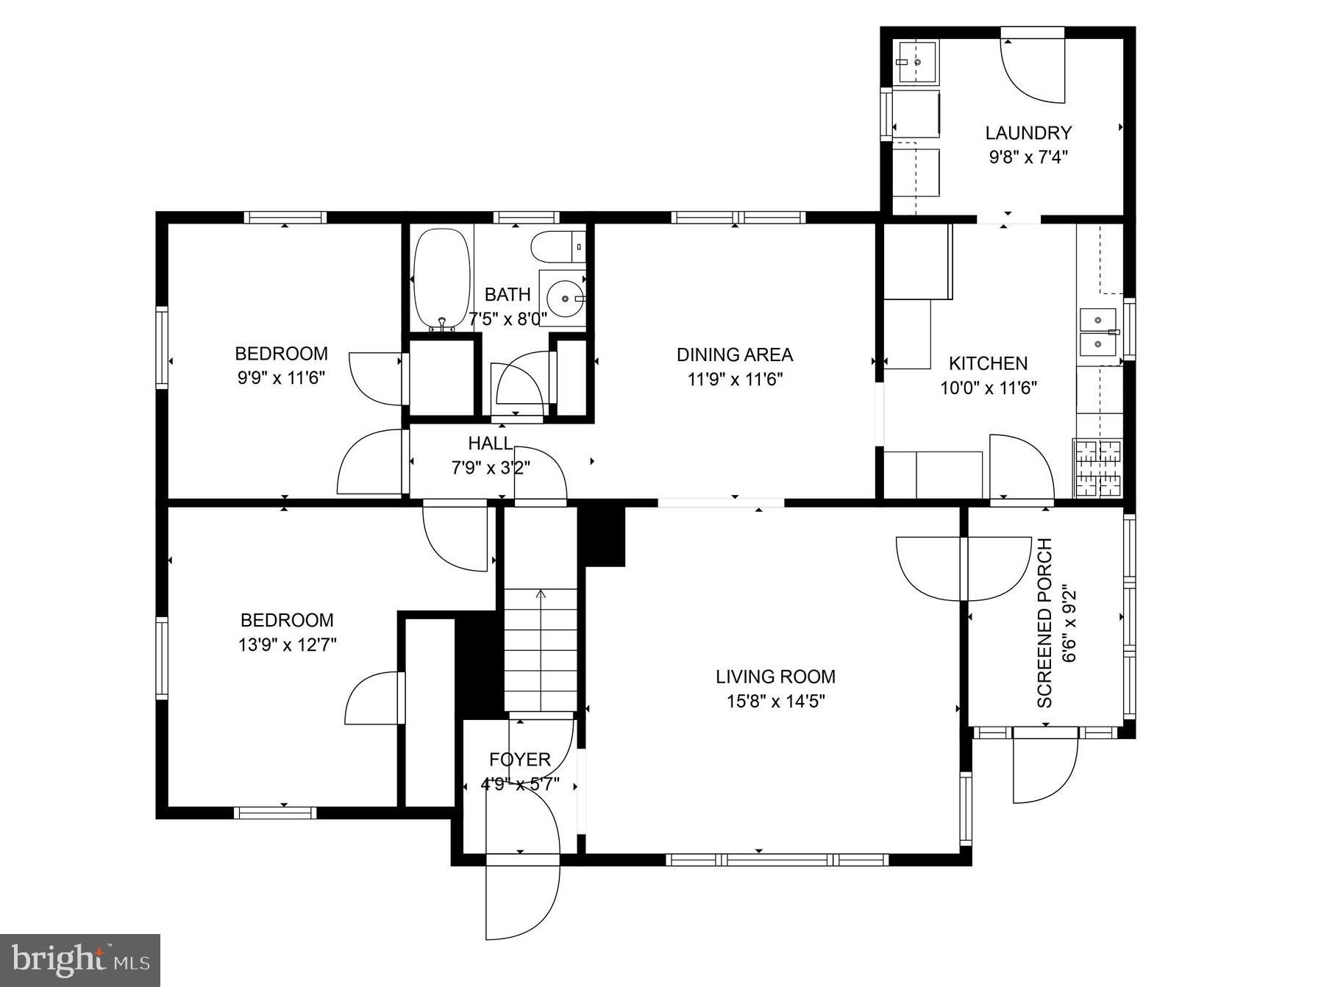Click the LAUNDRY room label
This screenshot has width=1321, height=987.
pyautogui.click(x=1028, y=133)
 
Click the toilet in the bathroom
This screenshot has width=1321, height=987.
pyautogui.click(x=557, y=247)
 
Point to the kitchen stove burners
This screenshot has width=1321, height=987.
pyautogui.click(x=1099, y=468)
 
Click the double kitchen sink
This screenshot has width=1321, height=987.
pyautogui.click(x=1098, y=332)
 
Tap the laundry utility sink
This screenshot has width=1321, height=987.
pyautogui.click(x=916, y=63)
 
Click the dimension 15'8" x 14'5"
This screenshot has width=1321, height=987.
pyautogui.click(x=775, y=701)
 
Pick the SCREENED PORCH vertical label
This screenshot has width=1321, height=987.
pyautogui.click(x=1044, y=623)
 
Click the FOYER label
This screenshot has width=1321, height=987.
pyautogui.click(x=519, y=760)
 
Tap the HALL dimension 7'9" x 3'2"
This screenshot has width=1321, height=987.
pyautogui.click(x=491, y=467)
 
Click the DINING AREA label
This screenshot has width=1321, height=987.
pyautogui.click(x=734, y=354)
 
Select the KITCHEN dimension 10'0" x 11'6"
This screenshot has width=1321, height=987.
pyautogui.click(x=988, y=388)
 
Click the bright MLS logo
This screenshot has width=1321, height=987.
pyautogui.click(x=80, y=960)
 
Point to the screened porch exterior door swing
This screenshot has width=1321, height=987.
pyautogui.click(x=1044, y=769)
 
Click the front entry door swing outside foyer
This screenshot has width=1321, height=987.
pyautogui.click(x=522, y=897)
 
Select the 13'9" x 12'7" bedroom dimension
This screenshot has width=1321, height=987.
pyautogui.click(x=287, y=645)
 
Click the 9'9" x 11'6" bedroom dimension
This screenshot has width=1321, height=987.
pyautogui.click(x=281, y=378)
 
